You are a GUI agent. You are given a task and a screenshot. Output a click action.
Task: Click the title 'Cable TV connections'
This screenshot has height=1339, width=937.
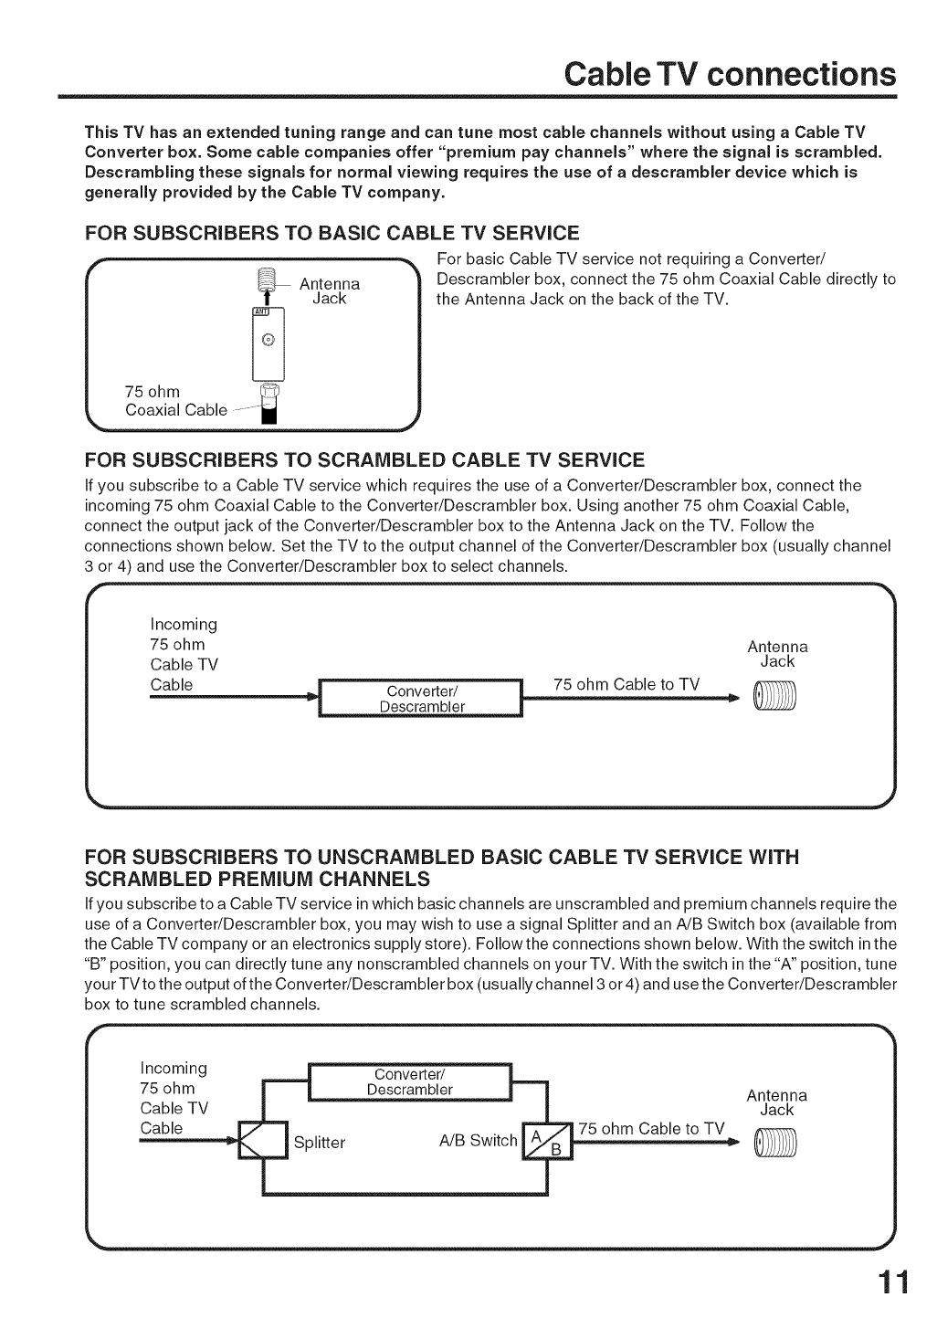coord(728,74)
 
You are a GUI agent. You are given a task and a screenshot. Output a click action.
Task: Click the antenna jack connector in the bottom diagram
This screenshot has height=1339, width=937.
coord(774,1142)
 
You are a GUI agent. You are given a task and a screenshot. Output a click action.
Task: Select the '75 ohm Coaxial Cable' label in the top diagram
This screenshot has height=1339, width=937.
coord(175,401)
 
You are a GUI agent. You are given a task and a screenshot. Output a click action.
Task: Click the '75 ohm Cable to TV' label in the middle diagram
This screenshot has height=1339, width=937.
coord(626,684)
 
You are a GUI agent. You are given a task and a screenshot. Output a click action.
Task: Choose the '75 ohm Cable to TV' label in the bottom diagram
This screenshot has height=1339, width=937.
coord(651,1128)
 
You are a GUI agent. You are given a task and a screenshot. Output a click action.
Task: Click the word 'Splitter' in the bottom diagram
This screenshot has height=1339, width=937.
coord(320,1143)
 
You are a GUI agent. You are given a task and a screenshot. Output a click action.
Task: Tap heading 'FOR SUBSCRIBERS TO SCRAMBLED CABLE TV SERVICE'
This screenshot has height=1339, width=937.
coord(363,459)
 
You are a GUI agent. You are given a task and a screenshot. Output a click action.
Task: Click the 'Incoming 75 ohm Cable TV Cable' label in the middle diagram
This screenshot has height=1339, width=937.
coord(184,654)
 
